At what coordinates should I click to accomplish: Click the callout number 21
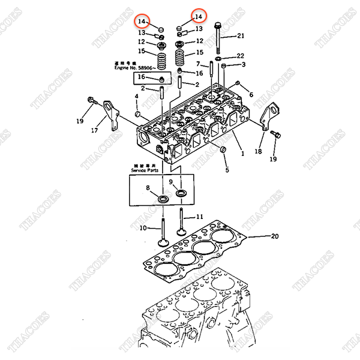241,36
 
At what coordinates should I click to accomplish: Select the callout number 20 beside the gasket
275,236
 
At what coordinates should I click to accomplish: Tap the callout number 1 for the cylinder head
242,154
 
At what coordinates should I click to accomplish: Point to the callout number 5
227,170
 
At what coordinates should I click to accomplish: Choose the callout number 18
258,152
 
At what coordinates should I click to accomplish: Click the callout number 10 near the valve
143,228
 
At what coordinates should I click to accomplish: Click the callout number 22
241,56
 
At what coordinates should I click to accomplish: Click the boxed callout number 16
142,77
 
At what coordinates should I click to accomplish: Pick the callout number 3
243,65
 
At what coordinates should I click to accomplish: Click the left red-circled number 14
142,22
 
